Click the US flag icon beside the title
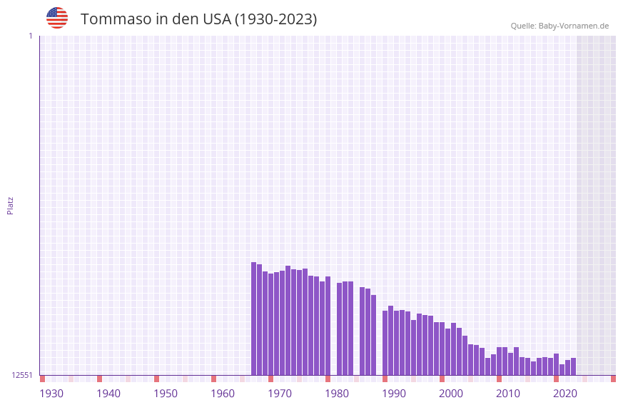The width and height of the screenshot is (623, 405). [57, 18]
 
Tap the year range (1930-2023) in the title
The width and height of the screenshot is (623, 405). [275, 19]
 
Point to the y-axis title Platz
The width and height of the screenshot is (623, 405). [10, 205]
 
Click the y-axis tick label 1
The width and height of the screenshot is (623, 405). [30, 36]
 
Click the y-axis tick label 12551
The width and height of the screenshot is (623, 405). [22, 375]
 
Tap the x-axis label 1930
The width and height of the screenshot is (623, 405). [51, 394]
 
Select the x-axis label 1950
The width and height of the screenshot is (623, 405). [166, 394]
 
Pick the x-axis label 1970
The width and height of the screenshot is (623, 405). [280, 394]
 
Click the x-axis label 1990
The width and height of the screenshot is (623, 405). [394, 394]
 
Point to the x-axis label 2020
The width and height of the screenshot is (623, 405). [565, 394]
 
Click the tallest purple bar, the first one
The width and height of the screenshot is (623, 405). [253, 318]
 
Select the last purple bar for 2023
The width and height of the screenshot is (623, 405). [573, 366]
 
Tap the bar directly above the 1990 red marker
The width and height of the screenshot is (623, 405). [385, 343]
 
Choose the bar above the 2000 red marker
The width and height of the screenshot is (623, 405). [442, 349]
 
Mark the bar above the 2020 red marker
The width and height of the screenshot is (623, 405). [556, 364]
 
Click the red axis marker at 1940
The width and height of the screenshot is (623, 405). [99, 379]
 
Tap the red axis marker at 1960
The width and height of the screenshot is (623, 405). [213, 379]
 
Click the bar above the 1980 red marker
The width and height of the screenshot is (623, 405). [328, 325]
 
